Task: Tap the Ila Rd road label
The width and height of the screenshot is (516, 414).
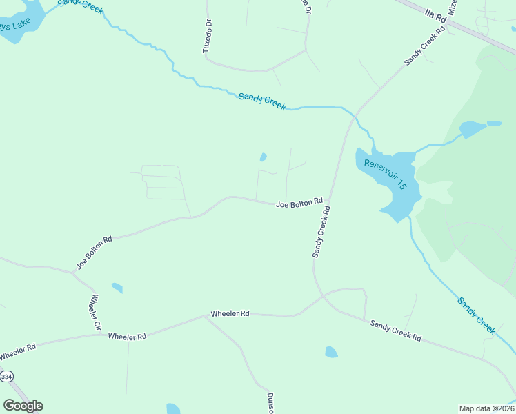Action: point(437,16)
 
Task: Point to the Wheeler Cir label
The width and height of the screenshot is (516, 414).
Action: point(95,312)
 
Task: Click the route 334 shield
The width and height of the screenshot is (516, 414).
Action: point(7,377)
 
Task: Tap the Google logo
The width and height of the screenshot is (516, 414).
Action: point(23,405)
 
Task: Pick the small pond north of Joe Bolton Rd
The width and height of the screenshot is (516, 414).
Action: point(263,157)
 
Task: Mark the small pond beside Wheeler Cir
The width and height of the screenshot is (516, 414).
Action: point(117,288)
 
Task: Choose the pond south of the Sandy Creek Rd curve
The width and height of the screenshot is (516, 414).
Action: point(331,352)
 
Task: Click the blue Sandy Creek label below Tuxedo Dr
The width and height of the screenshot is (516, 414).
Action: point(262,101)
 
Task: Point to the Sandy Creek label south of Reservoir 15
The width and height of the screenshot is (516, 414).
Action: point(477,316)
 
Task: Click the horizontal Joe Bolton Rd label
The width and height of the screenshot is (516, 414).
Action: point(299,202)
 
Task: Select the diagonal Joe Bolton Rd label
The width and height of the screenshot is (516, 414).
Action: point(94,253)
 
